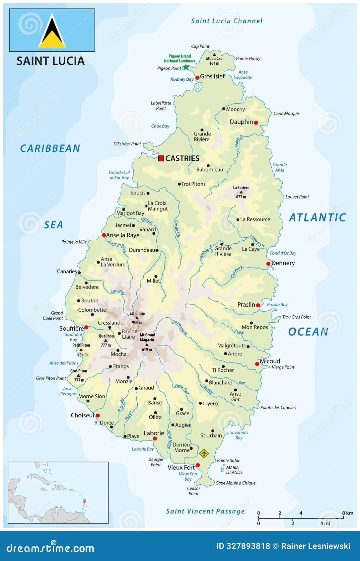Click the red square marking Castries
[161, 158]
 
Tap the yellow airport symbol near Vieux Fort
[204, 453]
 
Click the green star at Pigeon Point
[186, 67]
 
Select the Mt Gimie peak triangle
[137, 318]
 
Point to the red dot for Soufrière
[86, 327]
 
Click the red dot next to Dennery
[268, 264]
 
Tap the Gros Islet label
[212, 76]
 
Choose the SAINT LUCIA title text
[50, 61]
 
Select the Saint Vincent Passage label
[205, 511]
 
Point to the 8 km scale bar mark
[343, 518]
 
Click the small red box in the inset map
[84, 501]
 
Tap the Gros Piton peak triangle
[78, 375]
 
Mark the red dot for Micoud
[257, 364]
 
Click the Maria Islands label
[234, 470]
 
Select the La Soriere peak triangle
[241, 192]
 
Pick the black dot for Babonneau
[208, 166]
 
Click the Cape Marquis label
[286, 114]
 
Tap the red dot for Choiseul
[98, 415]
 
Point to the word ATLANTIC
[317, 217]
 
